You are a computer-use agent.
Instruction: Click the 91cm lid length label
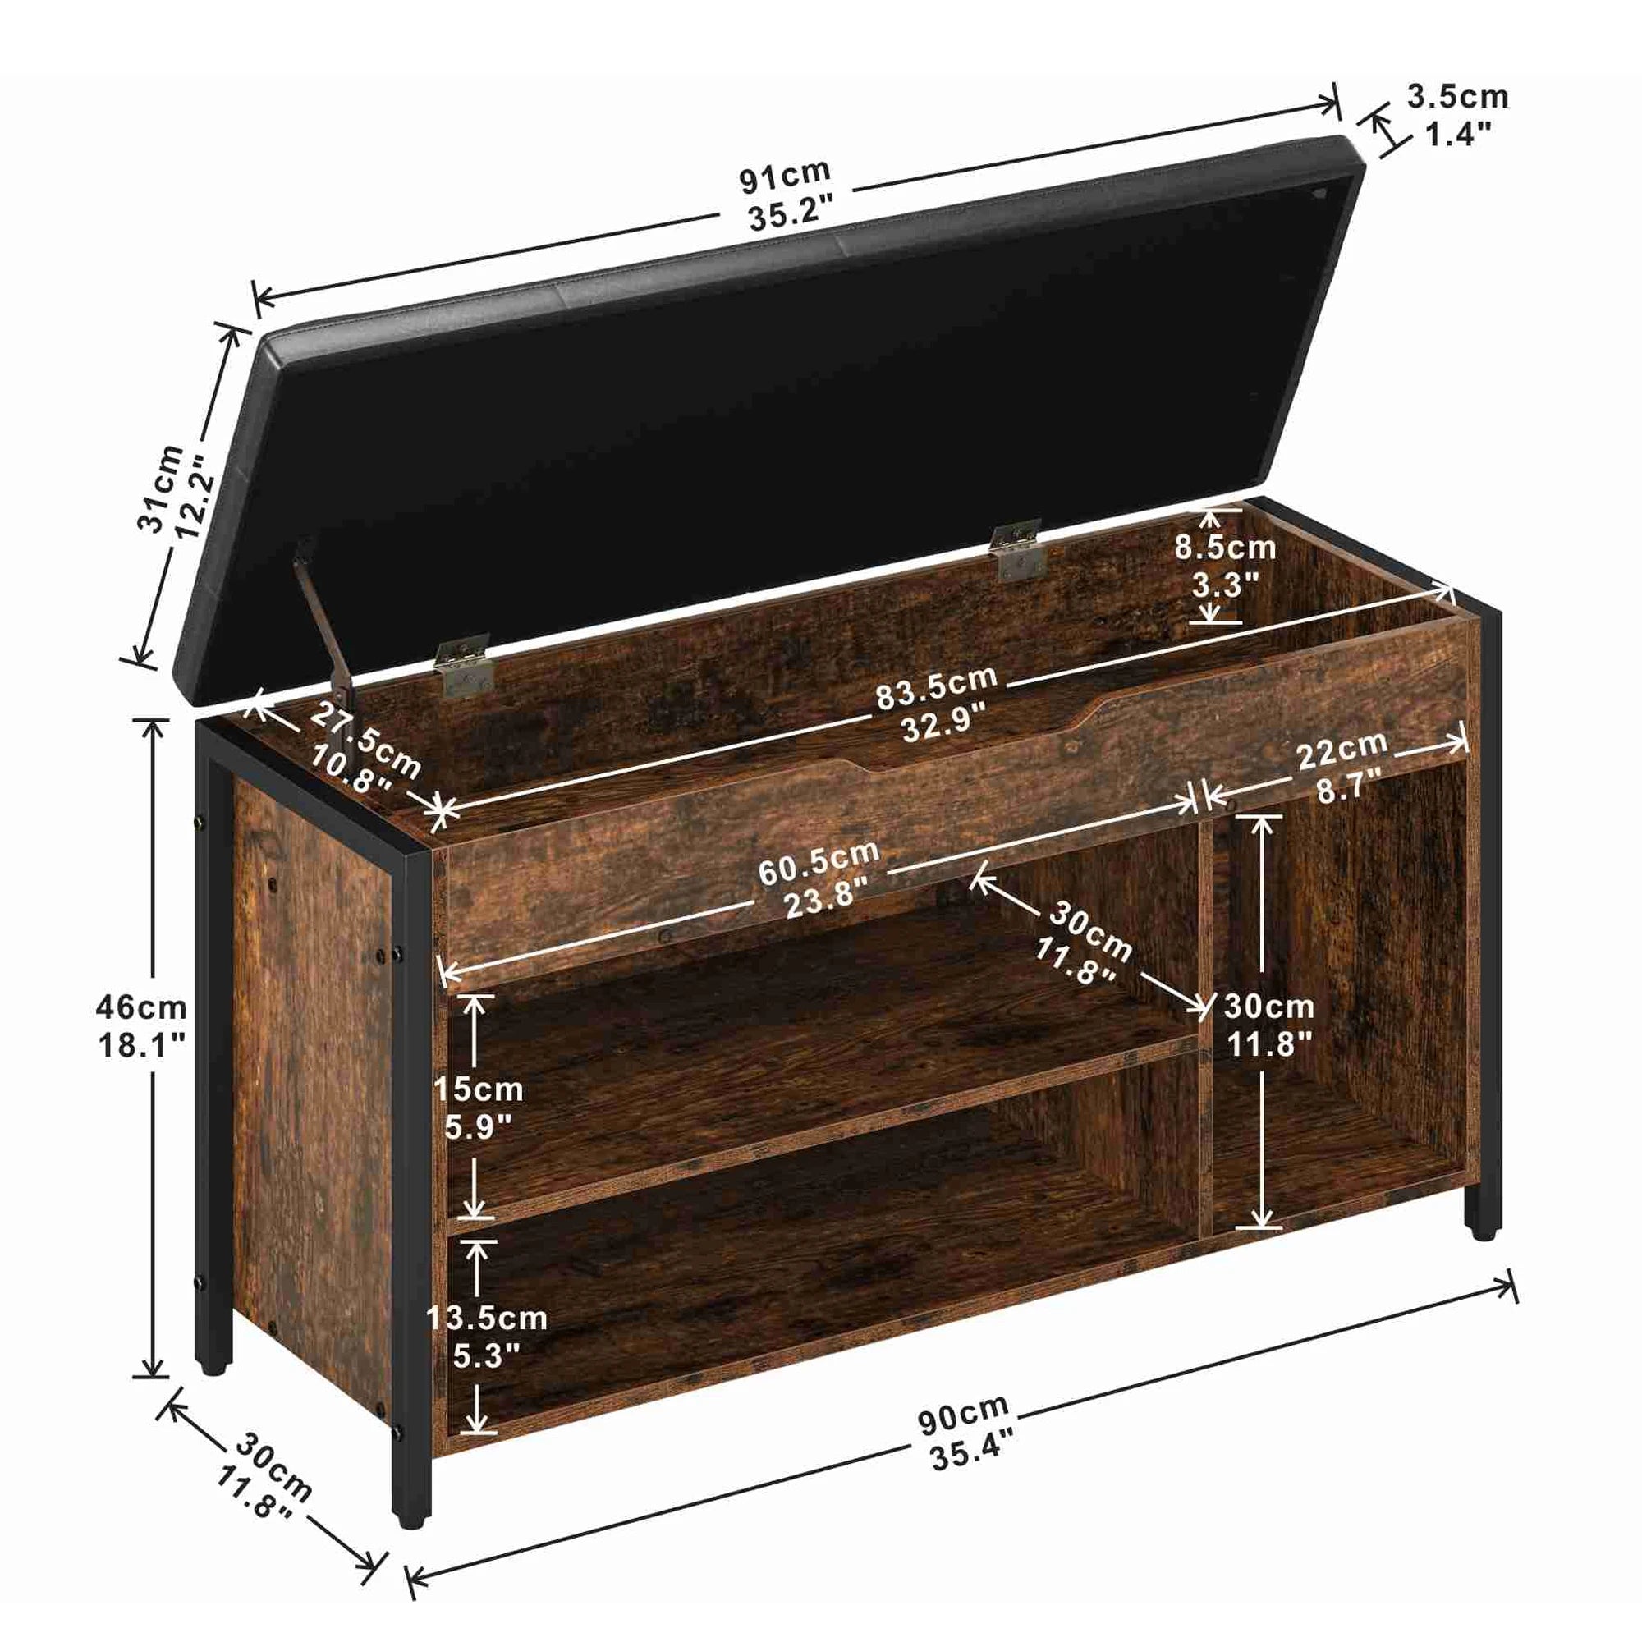tap(784, 176)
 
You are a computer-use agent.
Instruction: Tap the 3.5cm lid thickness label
tap(1456, 97)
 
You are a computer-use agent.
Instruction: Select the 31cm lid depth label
tap(161, 488)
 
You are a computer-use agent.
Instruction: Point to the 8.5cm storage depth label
tap(1225, 548)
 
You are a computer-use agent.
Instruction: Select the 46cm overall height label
tap(140, 1008)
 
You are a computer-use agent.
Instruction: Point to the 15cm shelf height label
tap(478, 1089)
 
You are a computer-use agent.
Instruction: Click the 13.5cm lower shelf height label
tap(486, 1319)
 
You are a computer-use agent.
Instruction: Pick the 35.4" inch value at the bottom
tap(971, 1455)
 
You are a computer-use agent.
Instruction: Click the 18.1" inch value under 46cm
tap(140, 1045)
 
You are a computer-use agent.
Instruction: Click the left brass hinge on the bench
tap(463, 667)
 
